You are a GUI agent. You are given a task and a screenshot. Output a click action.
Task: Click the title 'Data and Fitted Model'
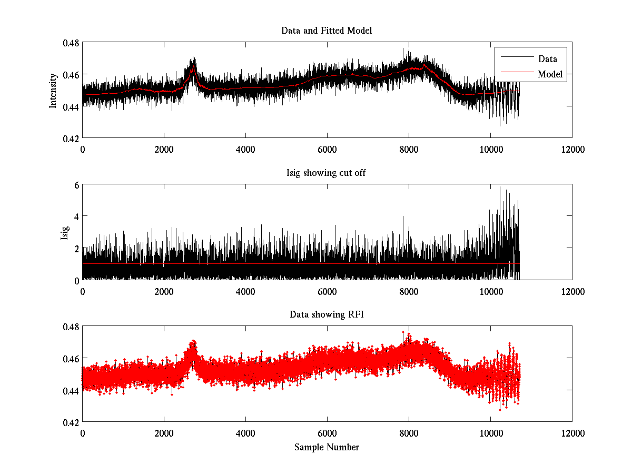pyautogui.click(x=327, y=31)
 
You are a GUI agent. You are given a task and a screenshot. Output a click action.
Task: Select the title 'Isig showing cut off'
pyautogui.click(x=327, y=173)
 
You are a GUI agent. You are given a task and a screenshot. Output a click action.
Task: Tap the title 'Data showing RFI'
pyautogui.click(x=327, y=314)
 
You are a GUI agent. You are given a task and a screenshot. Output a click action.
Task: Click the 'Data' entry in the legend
pyautogui.click(x=547, y=59)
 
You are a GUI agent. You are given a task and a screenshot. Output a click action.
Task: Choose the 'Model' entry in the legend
pyautogui.click(x=550, y=74)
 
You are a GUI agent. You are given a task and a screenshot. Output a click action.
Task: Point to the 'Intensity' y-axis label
pyautogui.click(x=53, y=90)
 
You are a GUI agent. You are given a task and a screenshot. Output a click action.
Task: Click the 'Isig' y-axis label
pyautogui.click(x=64, y=232)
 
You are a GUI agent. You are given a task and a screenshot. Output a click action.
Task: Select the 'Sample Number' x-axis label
pyautogui.click(x=327, y=447)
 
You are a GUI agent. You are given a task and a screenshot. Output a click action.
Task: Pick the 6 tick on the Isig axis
pyautogui.click(x=76, y=184)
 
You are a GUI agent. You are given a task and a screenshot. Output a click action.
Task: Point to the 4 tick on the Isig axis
pyautogui.click(x=76, y=216)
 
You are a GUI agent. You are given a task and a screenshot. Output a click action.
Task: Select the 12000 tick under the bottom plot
pyautogui.click(x=572, y=432)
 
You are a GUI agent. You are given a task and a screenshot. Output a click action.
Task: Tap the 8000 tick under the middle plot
pyautogui.click(x=409, y=291)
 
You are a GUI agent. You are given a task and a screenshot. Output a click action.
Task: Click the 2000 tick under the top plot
pyautogui.click(x=164, y=149)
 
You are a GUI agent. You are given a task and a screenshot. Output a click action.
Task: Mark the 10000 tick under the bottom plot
pyautogui.click(x=490, y=432)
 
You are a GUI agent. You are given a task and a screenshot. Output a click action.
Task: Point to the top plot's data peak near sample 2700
pyautogui.click(x=193, y=58)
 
